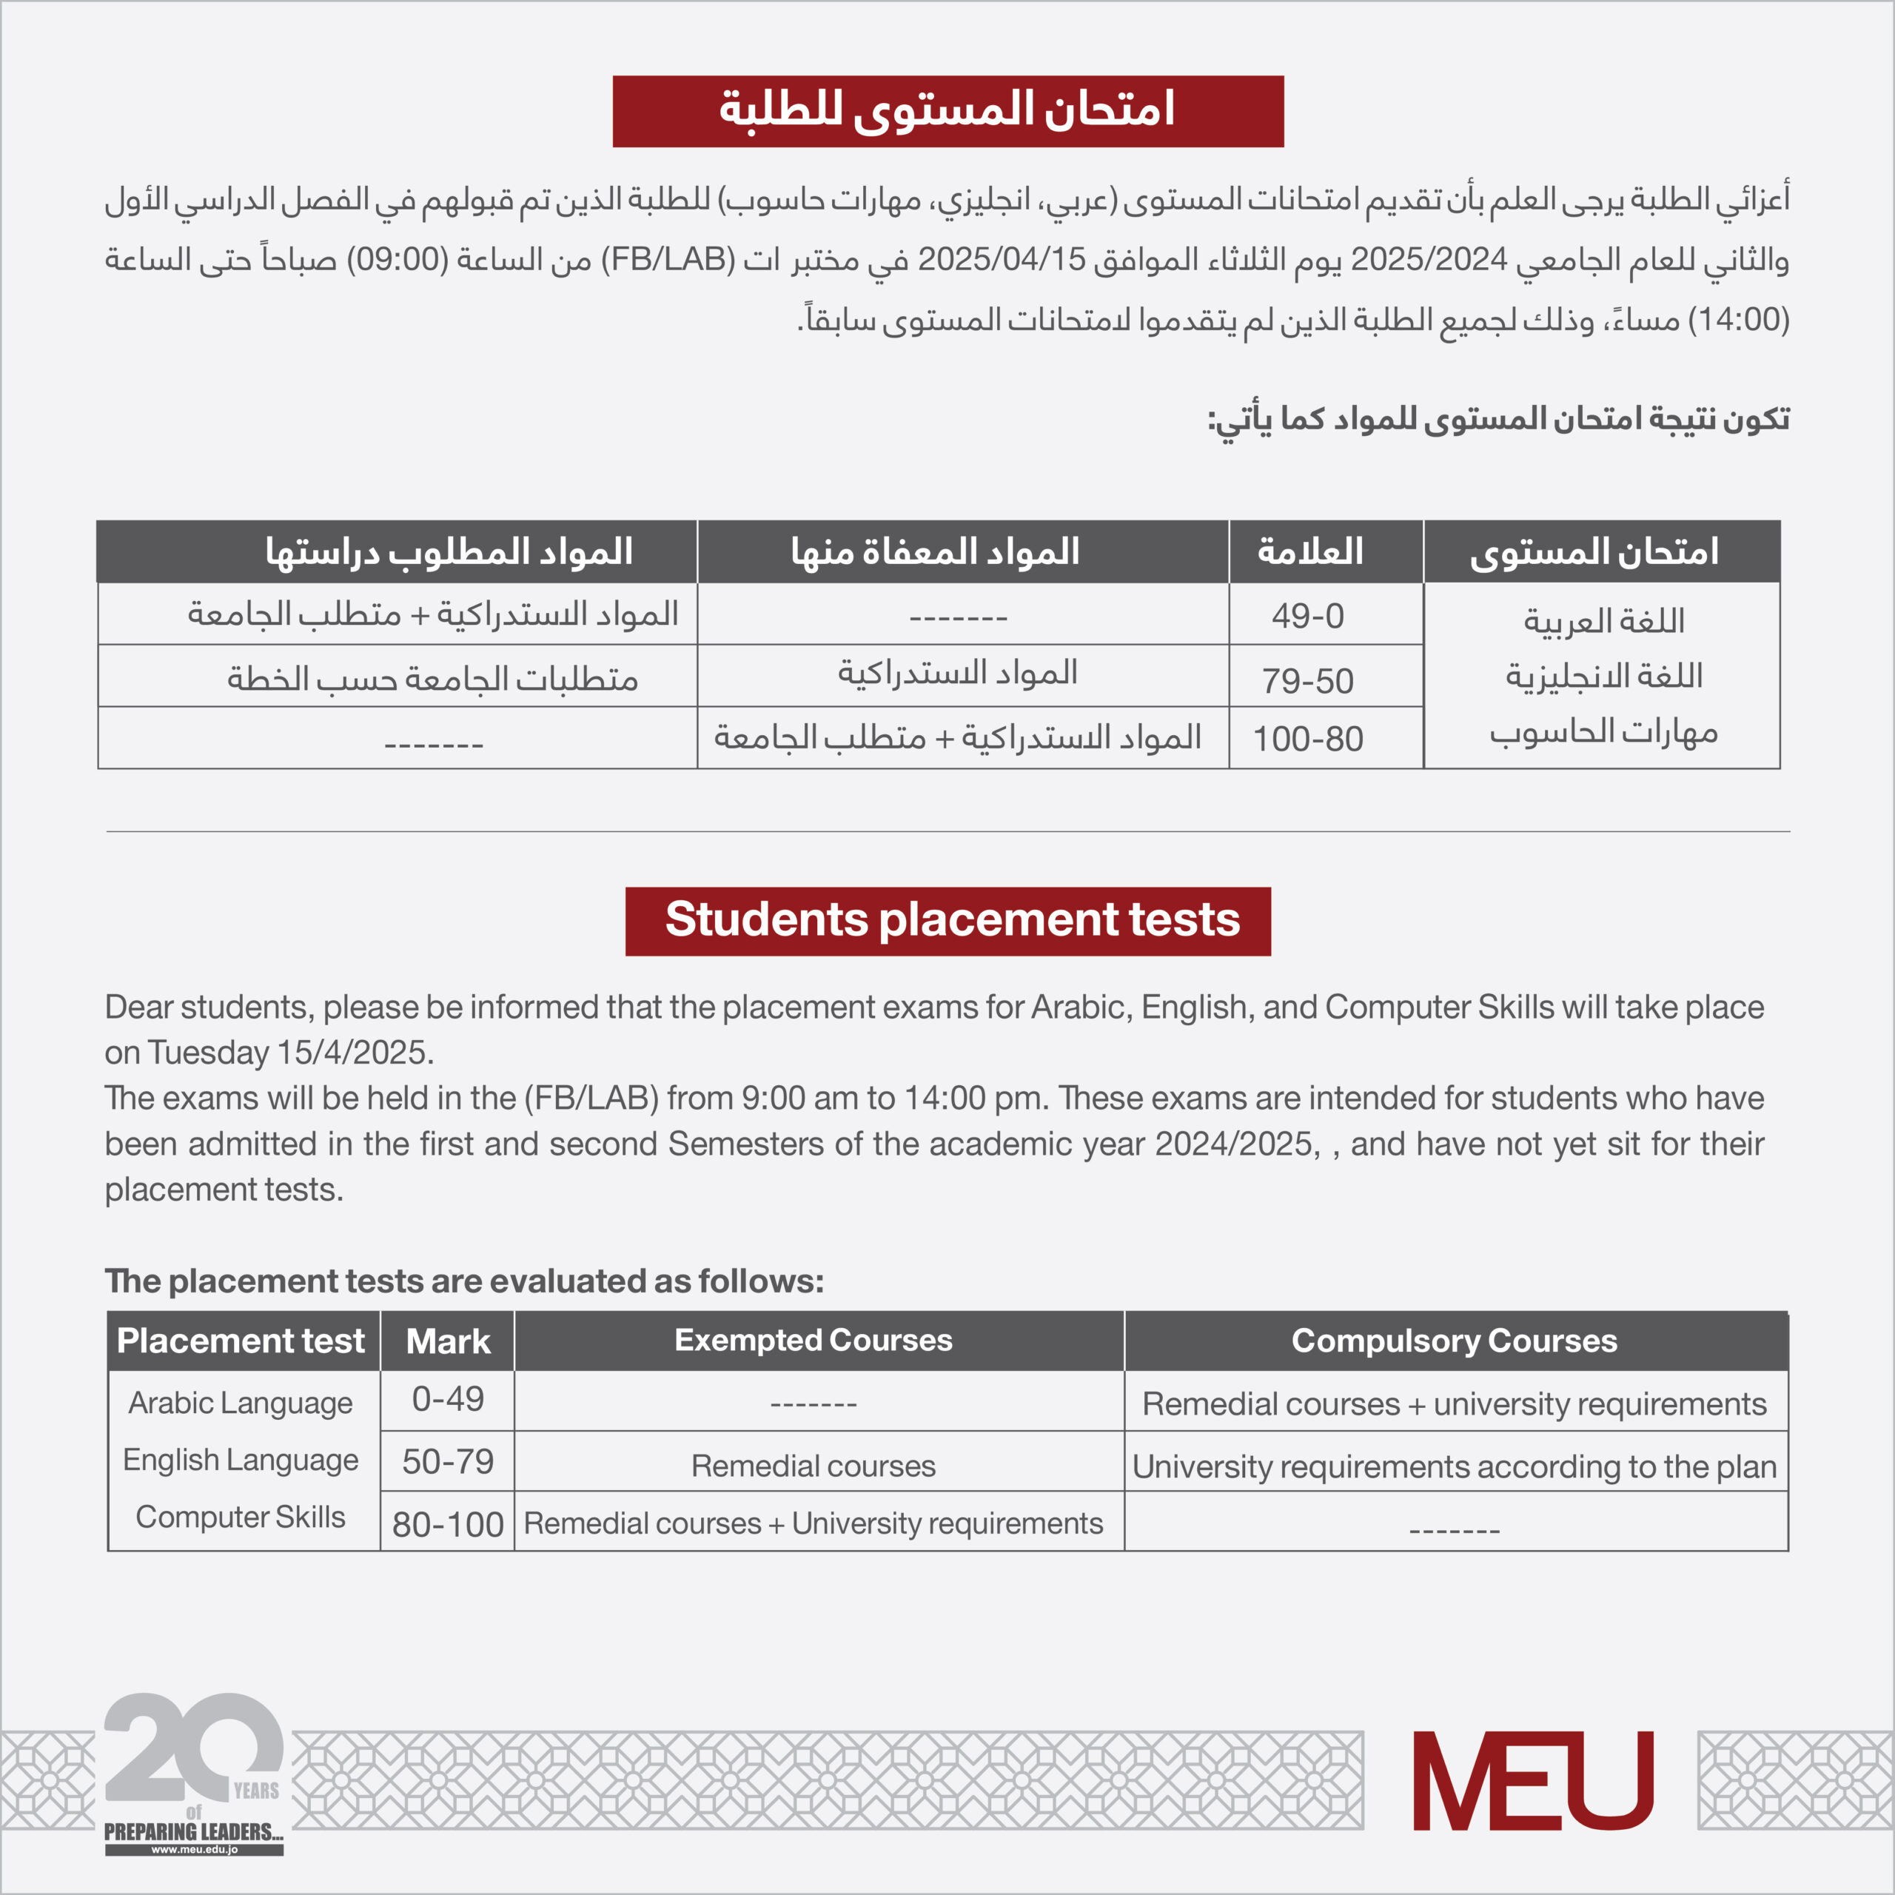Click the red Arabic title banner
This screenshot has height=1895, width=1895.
pos(947,111)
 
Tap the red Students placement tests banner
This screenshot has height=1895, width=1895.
pos(947,921)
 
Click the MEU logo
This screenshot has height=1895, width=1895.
pos(1532,1780)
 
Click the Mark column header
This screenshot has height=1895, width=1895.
pos(447,1341)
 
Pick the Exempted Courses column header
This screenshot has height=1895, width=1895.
pos(813,1340)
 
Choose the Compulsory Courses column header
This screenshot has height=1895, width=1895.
pos(1454,1340)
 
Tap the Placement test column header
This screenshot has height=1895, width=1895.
pos(241,1340)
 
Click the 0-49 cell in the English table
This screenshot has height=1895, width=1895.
pos(447,1400)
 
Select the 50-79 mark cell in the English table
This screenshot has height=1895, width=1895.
pos(447,1461)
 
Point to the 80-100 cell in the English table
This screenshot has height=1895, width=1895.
pos(447,1524)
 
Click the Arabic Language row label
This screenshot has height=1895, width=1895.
pos(241,1403)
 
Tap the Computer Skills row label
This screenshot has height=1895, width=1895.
pos(241,1517)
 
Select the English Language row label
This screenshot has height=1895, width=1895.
pos(241,1460)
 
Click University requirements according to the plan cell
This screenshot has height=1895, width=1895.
pos(1454,1466)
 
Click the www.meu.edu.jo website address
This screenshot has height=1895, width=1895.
pos(194,1850)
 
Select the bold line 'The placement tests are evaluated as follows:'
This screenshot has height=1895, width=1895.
pos(464,1281)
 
